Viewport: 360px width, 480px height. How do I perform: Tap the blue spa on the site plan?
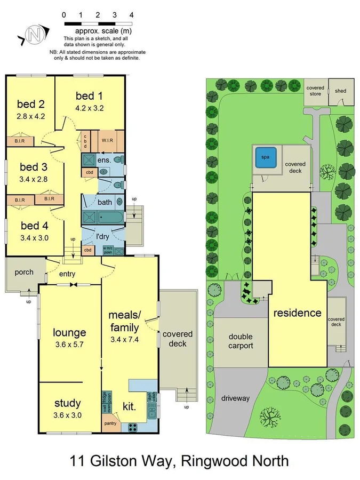[x=266, y=157]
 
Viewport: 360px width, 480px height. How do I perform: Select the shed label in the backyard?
[x=340, y=91]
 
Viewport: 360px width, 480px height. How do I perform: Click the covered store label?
[x=315, y=91]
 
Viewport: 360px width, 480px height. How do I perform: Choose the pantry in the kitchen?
[x=110, y=423]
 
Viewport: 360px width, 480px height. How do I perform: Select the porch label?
[x=23, y=272]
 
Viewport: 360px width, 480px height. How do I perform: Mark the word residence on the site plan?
[x=297, y=313]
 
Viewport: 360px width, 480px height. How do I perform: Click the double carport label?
[x=241, y=341]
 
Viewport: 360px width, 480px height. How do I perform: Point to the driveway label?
[x=235, y=398]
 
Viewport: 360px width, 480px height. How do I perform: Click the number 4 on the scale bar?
[x=131, y=15]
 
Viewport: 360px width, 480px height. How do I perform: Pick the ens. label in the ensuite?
[x=104, y=159]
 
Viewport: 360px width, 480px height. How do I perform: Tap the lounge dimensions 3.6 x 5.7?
[x=69, y=344]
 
